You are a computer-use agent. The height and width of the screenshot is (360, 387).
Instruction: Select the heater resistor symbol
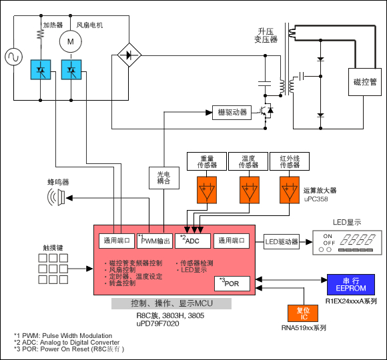41,35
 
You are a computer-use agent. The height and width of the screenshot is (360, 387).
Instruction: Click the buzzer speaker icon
56,197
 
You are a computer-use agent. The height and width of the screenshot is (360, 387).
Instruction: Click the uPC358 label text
316,199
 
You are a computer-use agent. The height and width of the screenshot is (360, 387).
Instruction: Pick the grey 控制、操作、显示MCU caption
171,303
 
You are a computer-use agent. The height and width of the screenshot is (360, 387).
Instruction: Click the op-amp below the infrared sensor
290,190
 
